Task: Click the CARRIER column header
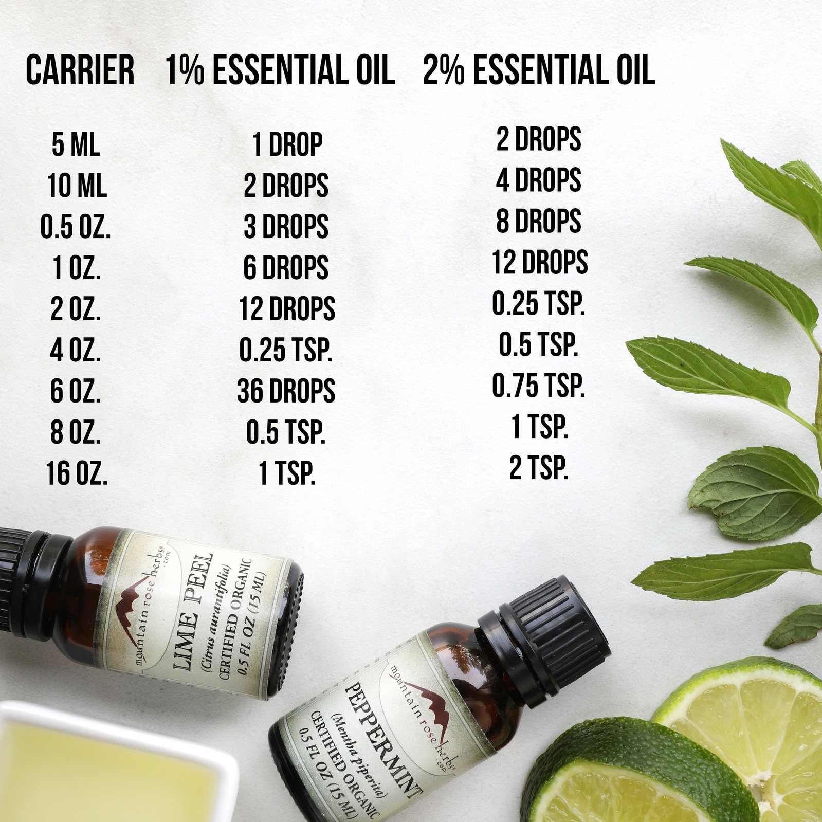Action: tap(80, 70)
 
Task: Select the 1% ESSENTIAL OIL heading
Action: tap(280, 70)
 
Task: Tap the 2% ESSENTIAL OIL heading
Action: tap(539, 70)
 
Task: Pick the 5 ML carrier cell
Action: tap(76, 144)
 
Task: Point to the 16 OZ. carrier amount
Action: tap(77, 473)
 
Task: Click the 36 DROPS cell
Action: tap(286, 391)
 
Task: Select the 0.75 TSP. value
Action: tap(538, 386)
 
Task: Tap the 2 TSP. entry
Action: tap(539, 468)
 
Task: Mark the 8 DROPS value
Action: tap(538, 221)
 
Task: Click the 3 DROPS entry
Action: tap(286, 227)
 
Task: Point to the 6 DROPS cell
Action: tap(286, 268)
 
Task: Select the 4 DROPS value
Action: tap(538, 180)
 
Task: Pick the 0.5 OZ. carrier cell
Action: tap(76, 227)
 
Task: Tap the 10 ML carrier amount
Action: tap(77, 186)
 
